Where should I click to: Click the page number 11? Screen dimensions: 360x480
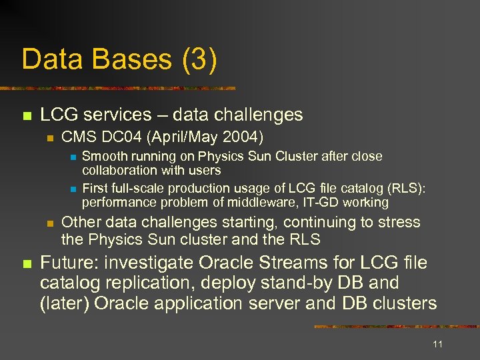(437, 344)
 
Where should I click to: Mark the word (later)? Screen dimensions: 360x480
(65, 303)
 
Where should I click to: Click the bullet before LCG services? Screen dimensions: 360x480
(27, 116)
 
